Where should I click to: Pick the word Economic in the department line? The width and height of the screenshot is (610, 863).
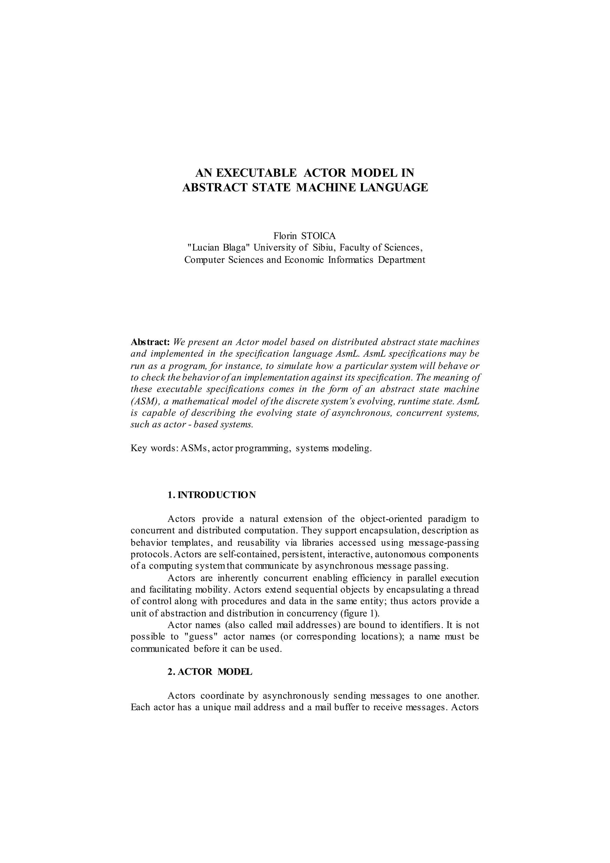(x=304, y=260)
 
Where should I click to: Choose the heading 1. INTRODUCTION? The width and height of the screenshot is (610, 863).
(x=211, y=495)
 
